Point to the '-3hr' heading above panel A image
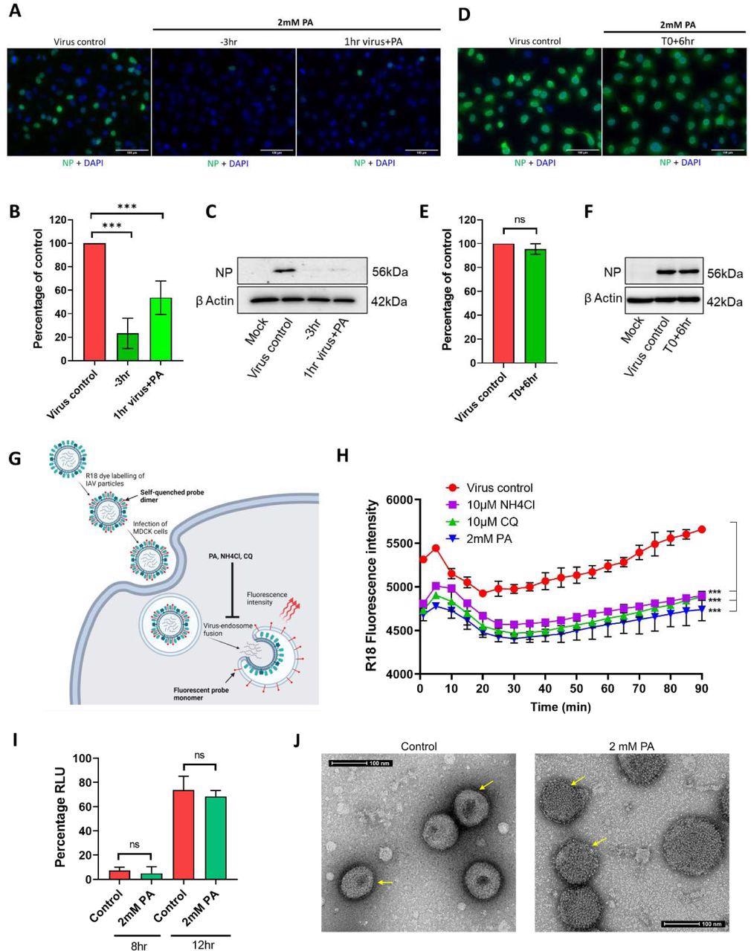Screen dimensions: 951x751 click(223, 42)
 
